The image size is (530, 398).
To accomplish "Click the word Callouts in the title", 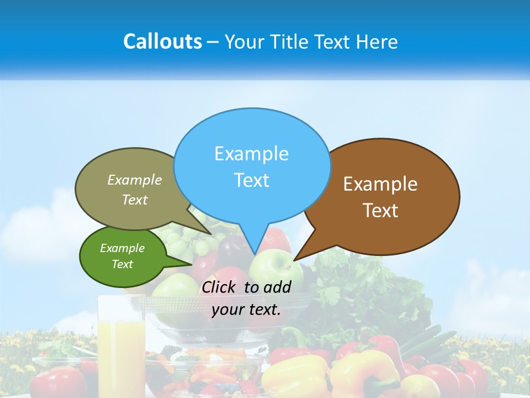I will (162, 41).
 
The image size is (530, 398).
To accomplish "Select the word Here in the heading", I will (378, 41).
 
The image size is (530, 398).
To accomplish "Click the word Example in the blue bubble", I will (251, 154).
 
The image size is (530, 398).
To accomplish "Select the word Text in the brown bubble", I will (380, 211).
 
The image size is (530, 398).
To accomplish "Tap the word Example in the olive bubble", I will (135, 180).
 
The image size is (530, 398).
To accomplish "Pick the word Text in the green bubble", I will (122, 264).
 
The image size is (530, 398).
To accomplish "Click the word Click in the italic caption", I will (220, 287).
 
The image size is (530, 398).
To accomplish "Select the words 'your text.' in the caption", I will (246, 310).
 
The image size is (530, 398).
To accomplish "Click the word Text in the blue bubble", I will (252, 180).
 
